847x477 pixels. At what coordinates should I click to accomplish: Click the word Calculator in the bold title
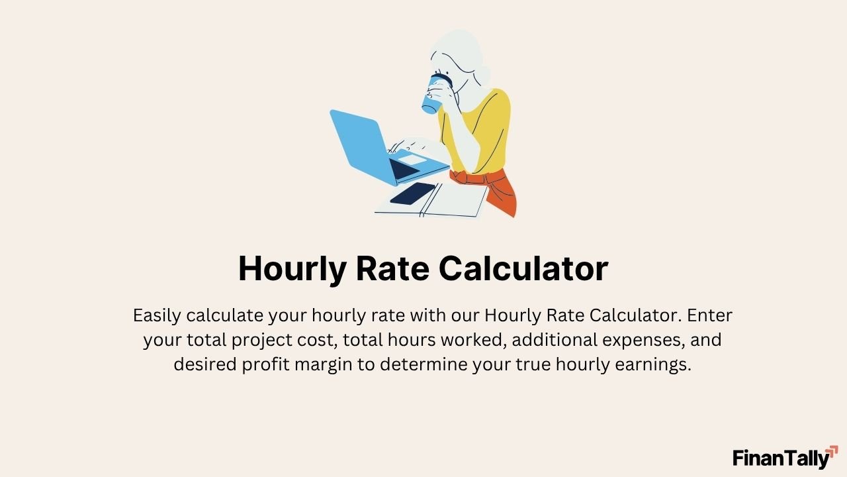click(x=523, y=269)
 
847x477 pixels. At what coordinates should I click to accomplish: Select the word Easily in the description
click(x=157, y=315)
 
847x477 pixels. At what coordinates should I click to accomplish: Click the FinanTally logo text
click(x=780, y=458)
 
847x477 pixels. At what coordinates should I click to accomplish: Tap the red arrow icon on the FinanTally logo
click(x=832, y=452)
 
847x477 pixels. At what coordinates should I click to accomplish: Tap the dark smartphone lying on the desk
click(x=413, y=193)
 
